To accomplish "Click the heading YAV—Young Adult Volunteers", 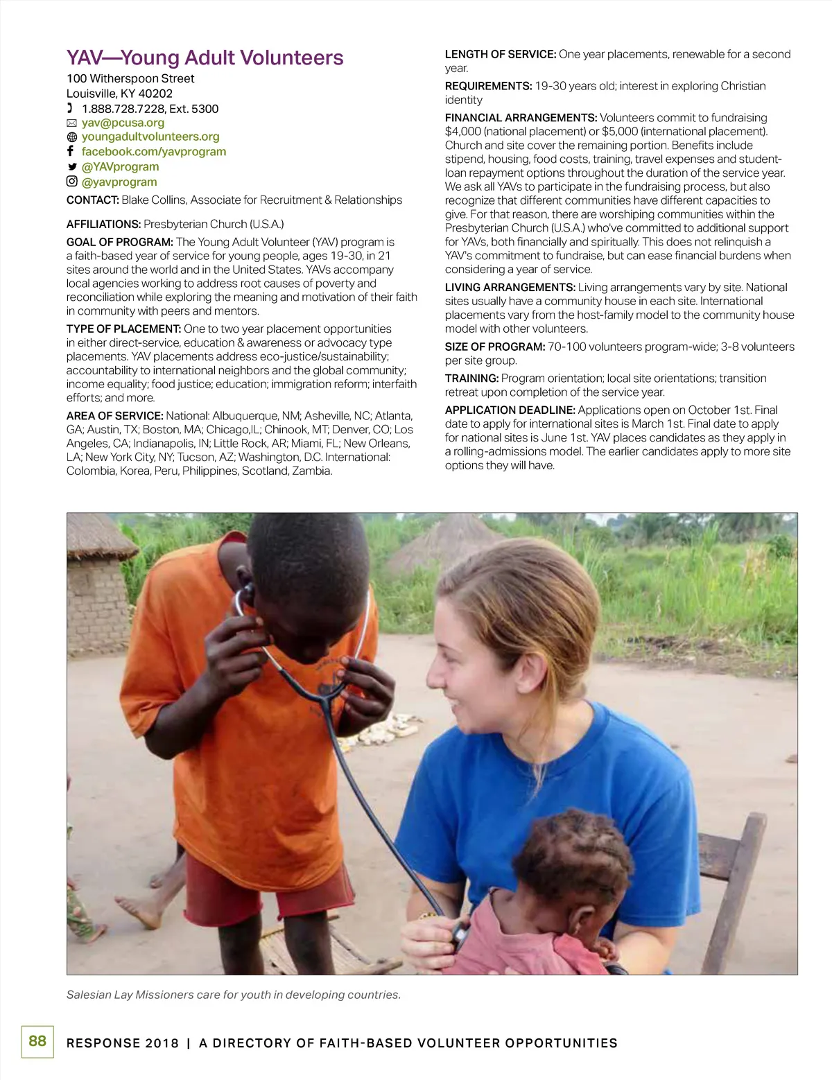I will pyautogui.click(x=205, y=58).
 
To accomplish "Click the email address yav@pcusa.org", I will pyautogui.click(x=123, y=123).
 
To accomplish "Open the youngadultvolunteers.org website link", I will pyautogui.click(x=150, y=137).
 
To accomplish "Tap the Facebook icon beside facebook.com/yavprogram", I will pyautogui.click(x=71, y=151).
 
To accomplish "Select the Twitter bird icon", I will pyautogui.click(x=71, y=167).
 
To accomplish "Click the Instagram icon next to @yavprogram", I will pyautogui.click(x=71, y=182).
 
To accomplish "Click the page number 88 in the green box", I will pyautogui.click(x=37, y=1041).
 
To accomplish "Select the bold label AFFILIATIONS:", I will pyautogui.click(x=103, y=225).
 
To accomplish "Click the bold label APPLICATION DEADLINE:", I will pyautogui.click(x=510, y=410).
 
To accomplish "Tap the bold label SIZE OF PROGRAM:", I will pyautogui.click(x=494, y=347).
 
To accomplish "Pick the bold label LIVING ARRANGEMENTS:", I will pyautogui.click(x=510, y=288).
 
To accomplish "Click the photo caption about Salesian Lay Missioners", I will pyautogui.click(x=234, y=995).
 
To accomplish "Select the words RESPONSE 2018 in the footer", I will pyautogui.click(x=122, y=1043).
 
